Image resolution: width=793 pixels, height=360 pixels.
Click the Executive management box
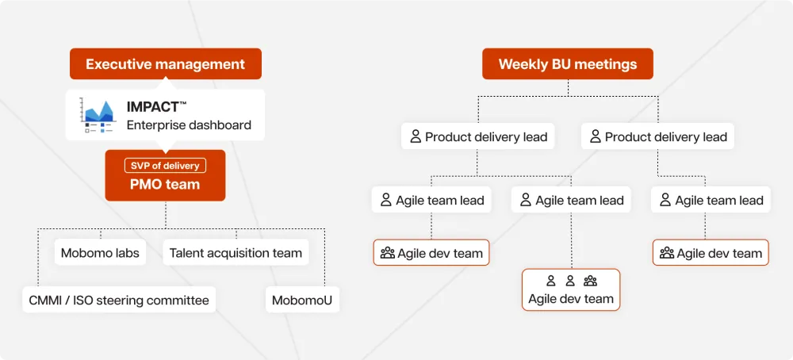coord(165,64)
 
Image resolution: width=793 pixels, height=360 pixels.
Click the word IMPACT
coord(153,106)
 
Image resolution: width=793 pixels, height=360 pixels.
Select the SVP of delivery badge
coord(165,166)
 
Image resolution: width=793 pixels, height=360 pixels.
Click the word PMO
coord(145,184)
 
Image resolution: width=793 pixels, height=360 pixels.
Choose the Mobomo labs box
coord(100,253)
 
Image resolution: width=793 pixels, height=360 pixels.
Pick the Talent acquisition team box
coord(236,253)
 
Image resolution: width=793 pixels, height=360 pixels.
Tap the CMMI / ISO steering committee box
coord(119,300)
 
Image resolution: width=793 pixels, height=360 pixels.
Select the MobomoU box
coord(302,300)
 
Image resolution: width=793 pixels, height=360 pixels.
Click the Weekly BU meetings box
coord(567,64)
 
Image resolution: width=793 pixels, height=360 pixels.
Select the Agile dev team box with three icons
coord(571,289)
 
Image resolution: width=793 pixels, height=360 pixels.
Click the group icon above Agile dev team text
coord(590,281)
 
